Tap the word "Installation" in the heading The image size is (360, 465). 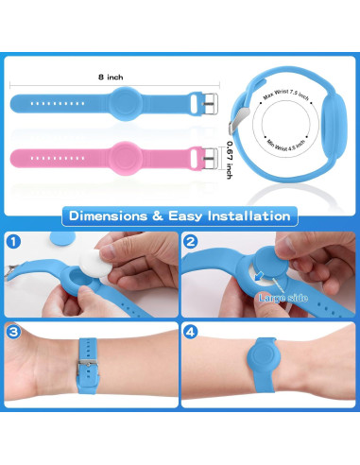coord(249,216)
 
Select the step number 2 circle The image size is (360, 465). coord(191,242)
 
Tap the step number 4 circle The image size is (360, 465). coord(191,332)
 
